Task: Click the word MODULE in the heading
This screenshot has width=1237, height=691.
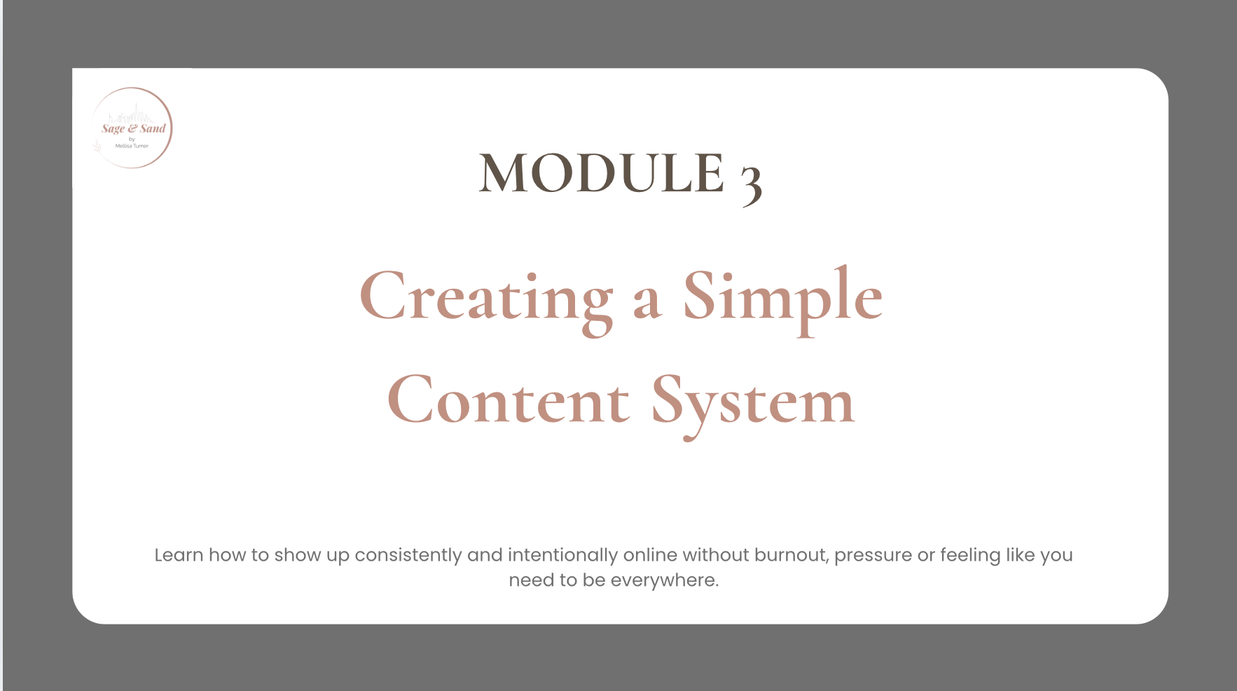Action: (x=601, y=173)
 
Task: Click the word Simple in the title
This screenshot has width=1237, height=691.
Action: (x=782, y=298)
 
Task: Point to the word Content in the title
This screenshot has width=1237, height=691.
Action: (x=509, y=402)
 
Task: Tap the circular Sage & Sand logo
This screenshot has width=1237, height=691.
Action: (x=132, y=128)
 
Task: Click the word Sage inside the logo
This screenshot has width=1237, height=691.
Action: (x=113, y=128)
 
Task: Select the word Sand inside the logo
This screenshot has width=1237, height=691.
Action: (x=153, y=128)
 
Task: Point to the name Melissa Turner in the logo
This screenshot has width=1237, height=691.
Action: (x=132, y=146)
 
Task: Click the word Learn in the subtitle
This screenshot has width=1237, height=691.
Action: (x=179, y=555)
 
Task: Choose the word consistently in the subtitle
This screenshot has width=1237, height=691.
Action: (x=408, y=555)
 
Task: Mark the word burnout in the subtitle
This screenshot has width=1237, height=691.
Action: (x=791, y=555)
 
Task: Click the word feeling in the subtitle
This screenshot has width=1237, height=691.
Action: (x=970, y=555)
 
